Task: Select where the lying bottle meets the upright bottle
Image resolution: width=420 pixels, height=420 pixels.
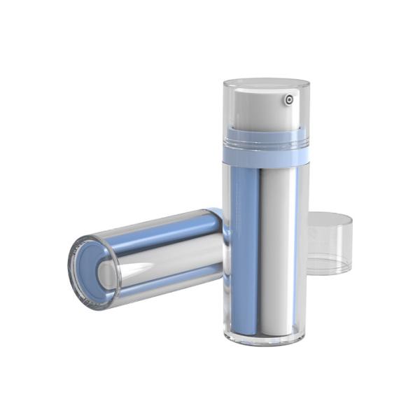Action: click(223, 241)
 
